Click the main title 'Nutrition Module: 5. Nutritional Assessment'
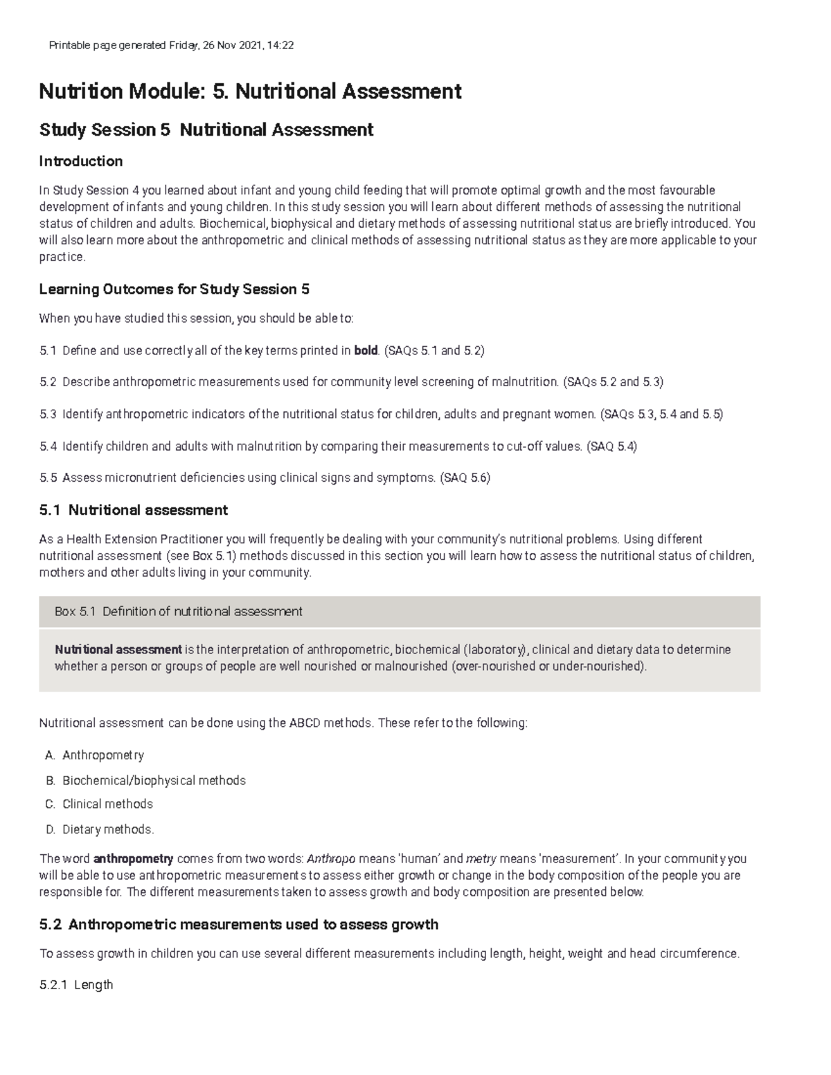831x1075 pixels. (x=250, y=91)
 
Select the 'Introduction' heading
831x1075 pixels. (x=81, y=161)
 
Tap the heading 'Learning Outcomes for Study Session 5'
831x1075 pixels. (x=175, y=289)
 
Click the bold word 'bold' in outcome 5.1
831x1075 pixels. (x=366, y=350)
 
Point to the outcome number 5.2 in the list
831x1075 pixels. (x=48, y=382)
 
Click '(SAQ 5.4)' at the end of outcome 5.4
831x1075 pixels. (x=611, y=446)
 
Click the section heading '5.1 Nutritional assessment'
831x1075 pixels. (x=134, y=510)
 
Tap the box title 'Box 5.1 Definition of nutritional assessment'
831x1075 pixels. (x=178, y=612)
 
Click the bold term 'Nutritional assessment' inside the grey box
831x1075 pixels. (x=118, y=649)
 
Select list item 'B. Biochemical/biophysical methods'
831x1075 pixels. (x=154, y=780)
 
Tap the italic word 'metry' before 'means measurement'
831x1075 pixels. (x=481, y=859)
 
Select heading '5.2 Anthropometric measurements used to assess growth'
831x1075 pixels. (x=239, y=925)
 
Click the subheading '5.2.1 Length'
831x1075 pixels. (x=76, y=984)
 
